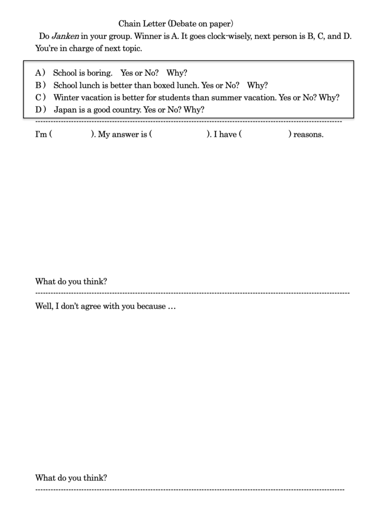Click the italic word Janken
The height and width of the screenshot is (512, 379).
click(66, 36)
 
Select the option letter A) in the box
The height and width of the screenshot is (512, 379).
click(40, 73)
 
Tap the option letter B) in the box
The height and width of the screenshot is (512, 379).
click(41, 85)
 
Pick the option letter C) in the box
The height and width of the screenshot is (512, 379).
click(41, 97)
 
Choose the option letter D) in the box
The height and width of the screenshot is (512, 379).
click(41, 109)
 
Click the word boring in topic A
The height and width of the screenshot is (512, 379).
click(100, 73)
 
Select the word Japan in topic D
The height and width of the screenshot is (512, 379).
click(65, 109)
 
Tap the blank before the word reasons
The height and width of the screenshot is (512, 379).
click(265, 134)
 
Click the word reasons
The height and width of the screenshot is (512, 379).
click(308, 134)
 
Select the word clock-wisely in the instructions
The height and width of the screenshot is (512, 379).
click(230, 36)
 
